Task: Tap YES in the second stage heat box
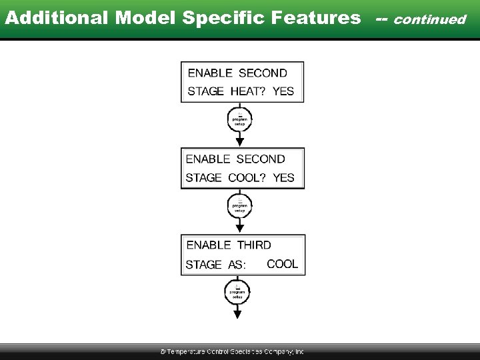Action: coord(283,91)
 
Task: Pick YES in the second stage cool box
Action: coord(283,178)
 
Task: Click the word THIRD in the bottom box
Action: coord(254,245)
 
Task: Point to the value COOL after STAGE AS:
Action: coord(282,264)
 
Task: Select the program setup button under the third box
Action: coord(237,292)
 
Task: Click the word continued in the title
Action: coord(430,19)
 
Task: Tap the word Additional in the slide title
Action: coord(57,18)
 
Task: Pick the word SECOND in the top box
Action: coord(263,73)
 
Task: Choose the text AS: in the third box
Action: coord(237,265)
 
